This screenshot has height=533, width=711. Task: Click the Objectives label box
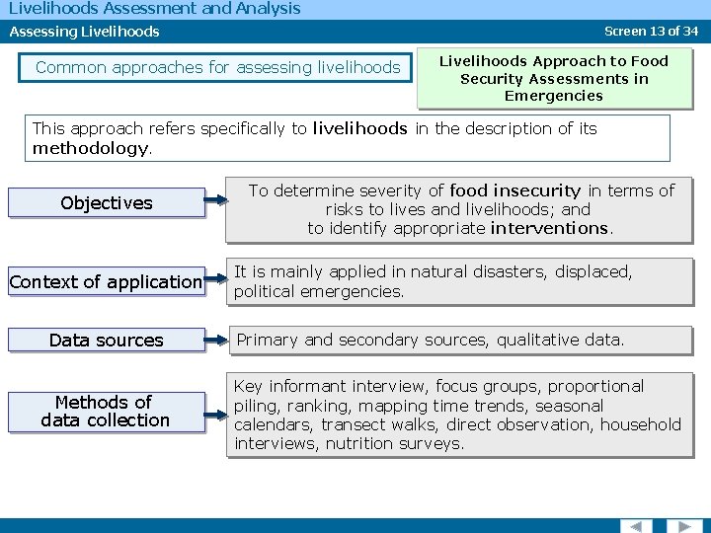coord(106,203)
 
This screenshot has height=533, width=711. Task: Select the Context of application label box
coord(106,282)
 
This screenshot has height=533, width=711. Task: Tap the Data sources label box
coord(106,341)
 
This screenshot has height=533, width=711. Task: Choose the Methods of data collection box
coord(106,412)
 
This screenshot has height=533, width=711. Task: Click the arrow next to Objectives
coord(218,204)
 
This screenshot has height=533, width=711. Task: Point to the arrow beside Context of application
coord(218,283)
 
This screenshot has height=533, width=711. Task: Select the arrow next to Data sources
coord(218,342)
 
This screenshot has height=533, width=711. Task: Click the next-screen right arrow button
coord(683,525)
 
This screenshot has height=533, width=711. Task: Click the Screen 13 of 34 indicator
coord(652,31)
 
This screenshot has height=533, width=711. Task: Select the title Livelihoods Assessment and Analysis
coord(154,9)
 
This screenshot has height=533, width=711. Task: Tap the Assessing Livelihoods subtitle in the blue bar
coord(85,32)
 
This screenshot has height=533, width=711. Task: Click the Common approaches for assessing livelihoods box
coord(217,68)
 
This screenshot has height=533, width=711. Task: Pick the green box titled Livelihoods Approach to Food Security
coord(553,78)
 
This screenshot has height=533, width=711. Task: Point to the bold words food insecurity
coord(514,190)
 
